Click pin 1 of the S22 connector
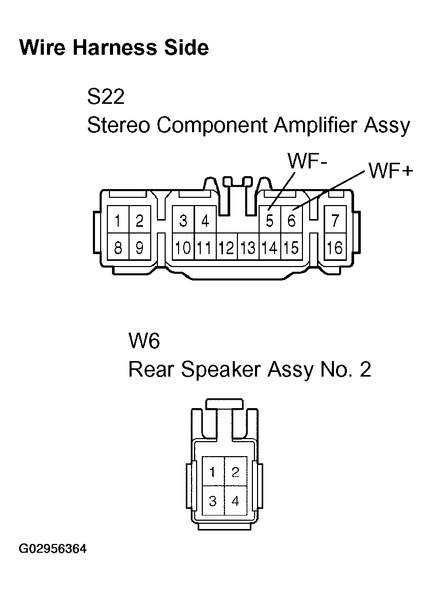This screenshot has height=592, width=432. [118, 221]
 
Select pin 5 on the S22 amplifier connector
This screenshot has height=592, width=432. [270, 221]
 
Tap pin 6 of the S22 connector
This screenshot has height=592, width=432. [291, 221]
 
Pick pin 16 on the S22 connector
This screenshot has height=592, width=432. [335, 247]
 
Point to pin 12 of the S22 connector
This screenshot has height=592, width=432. [227, 247]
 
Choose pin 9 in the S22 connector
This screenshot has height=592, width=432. [139, 247]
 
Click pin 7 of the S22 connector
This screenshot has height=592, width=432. [335, 221]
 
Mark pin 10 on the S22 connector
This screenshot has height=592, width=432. [183, 247]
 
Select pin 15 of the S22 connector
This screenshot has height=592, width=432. [291, 247]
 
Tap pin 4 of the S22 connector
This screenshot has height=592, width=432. [205, 221]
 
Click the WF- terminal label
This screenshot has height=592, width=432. [308, 161]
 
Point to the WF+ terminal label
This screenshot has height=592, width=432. [391, 172]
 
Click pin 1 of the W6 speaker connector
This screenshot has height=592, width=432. [213, 472]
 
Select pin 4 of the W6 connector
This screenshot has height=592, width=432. [235, 501]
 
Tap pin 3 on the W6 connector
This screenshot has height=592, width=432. [213, 501]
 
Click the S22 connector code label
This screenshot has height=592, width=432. [106, 97]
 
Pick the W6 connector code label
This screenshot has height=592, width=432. [144, 340]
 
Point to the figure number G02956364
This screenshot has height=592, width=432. [53, 549]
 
